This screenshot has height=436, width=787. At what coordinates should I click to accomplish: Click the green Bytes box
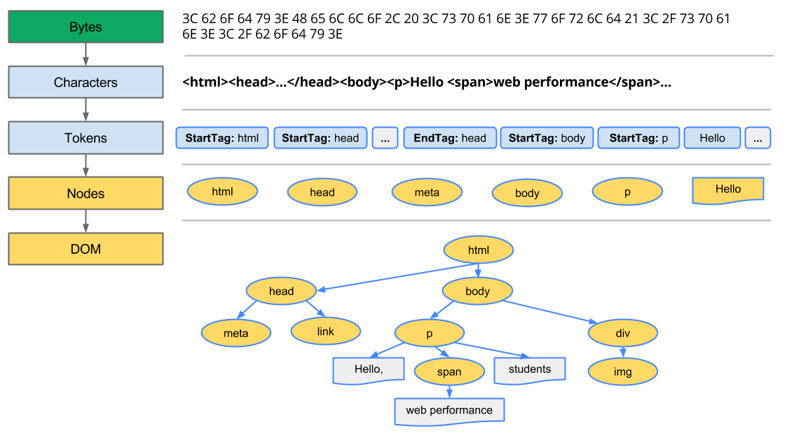point(85,27)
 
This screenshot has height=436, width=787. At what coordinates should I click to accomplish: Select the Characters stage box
point(85,82)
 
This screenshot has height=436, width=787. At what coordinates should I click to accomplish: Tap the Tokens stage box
point(85,138)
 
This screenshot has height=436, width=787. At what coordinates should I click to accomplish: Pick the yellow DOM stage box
point(85,249)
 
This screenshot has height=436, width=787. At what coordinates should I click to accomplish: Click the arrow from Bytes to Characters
point(85,54)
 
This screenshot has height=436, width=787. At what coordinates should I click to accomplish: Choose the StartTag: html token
point(222,138)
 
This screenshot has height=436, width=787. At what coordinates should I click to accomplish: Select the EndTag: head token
point(450,138)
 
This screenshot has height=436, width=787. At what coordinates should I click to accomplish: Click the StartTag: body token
point(547,138)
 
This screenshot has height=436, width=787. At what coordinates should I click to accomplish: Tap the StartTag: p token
point(638,138)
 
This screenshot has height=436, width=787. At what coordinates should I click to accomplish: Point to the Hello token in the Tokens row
point(712,138)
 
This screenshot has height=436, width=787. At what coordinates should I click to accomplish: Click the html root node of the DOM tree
point(479,250)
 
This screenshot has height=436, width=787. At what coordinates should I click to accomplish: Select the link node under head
point(326,331)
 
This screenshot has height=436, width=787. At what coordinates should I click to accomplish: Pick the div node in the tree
point(622,333)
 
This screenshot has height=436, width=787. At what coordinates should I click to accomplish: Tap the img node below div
point(622,372)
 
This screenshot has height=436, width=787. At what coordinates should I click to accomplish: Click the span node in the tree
point(449,372)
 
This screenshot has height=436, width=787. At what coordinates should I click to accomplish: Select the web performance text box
point(449,410)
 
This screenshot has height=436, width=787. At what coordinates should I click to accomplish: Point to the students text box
point(529,370)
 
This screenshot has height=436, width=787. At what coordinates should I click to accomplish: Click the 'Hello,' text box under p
point(369,370)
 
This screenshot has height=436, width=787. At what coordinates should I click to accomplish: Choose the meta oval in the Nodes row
point(427,192)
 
